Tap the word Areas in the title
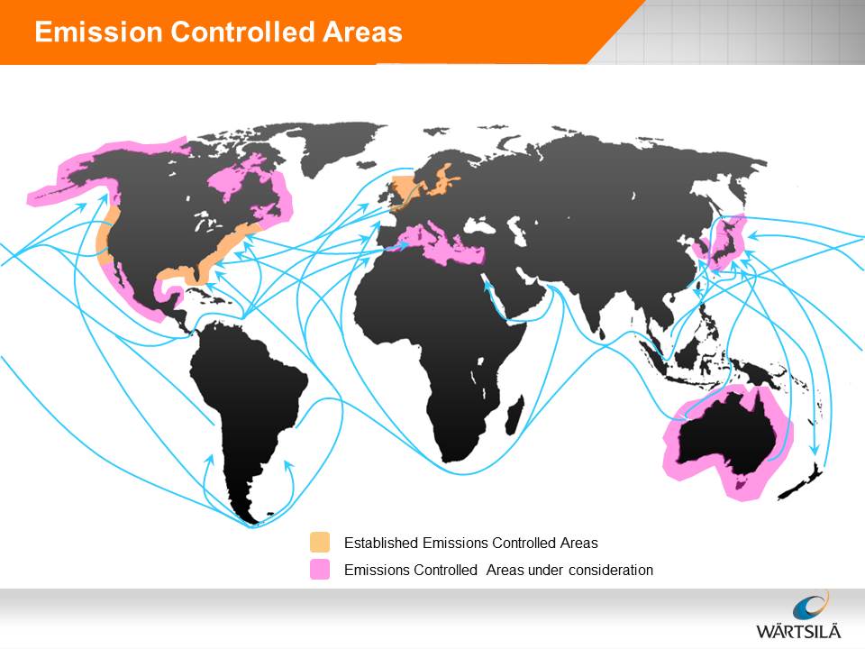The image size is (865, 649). (362, 32)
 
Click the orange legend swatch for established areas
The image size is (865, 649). (320, 543)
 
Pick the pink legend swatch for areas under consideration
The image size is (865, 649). (320, 570)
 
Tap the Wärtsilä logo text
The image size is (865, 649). (798, 630)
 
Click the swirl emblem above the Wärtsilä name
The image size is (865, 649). (811, 605)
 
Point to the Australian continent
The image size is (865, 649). (725, 436)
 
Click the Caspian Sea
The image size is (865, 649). (516, 232)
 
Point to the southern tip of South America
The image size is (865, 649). (251, 522)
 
